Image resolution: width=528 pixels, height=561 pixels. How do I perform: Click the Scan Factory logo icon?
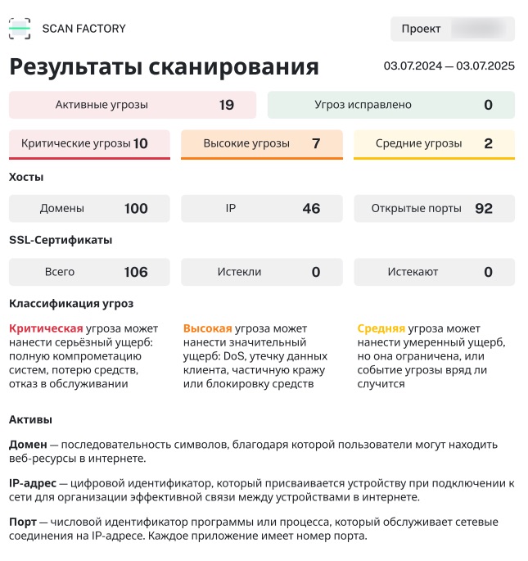(x=20, y=29)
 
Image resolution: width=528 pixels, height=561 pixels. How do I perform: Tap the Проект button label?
(x=421, y=29)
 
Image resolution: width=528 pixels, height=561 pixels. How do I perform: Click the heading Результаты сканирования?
(x=164, y=67)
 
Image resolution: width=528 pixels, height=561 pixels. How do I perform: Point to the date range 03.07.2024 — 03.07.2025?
(x=449, y=66)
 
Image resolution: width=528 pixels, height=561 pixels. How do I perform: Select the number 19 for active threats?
(x=227, y=105)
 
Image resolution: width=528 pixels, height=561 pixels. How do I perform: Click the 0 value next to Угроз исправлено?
(x=488, y=105)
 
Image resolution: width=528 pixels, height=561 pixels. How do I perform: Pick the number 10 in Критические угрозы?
(x=140, y=143)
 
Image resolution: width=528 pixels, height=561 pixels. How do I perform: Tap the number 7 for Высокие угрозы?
(x=316, y=143)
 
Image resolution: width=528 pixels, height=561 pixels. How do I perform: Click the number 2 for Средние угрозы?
(x=488, y=143)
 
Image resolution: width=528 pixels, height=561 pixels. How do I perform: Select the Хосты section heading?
(x=26, y=177)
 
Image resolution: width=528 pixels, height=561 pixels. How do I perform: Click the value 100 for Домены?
(x=136, y=208)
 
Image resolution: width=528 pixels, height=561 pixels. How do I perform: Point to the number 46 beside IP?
(x=311, y=208)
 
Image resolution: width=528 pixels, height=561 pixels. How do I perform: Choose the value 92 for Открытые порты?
(x=484, y=208)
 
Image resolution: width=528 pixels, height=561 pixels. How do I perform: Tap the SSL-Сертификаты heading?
(x=60, y=240)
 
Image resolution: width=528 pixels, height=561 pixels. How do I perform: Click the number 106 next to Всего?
(x=136, y=272)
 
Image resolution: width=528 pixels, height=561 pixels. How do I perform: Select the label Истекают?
(x=413, y=272)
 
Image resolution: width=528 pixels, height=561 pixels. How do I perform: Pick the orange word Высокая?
(x=207, y=328)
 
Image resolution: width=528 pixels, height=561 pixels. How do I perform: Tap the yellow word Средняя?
(x=381, y=328)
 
